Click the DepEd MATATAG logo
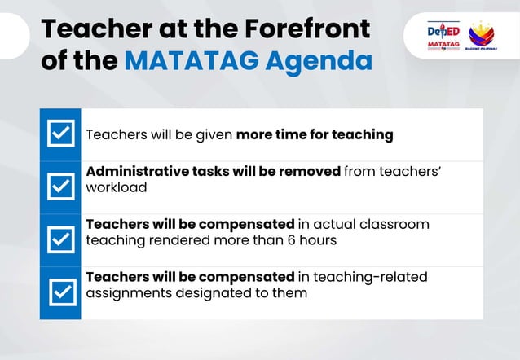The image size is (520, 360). point(443,37)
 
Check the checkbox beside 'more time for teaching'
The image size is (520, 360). point(59,134)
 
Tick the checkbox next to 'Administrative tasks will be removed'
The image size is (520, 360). point(59,187)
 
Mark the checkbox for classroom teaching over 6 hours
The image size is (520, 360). point(59,239)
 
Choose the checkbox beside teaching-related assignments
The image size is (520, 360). point(59,292)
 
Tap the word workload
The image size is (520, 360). point(117,187)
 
